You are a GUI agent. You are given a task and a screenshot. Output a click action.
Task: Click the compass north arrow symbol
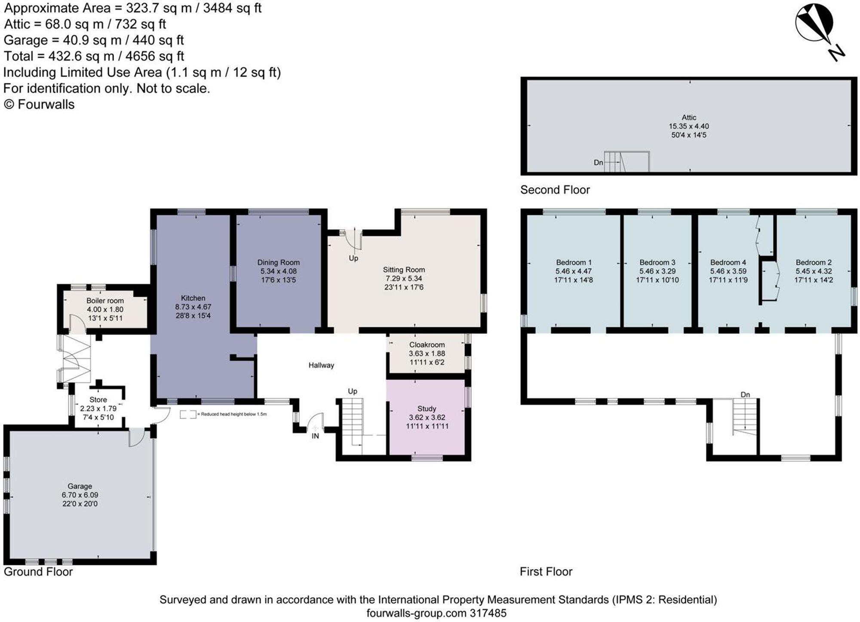click(820, 32)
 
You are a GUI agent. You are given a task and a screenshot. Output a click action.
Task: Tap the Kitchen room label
click(193, 298)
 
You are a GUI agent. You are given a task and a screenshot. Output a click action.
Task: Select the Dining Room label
click(278, 262)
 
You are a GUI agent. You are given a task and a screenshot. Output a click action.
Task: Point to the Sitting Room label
click(404, 270)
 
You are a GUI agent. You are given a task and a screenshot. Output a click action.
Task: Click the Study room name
click(427, 409)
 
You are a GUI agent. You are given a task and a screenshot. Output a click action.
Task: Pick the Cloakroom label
click(427, 345)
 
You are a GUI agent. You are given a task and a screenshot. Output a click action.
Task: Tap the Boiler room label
click(105, 301)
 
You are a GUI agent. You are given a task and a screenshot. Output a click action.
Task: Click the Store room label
click(98, 399)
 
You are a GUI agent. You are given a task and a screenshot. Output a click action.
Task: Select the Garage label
click(80, 486)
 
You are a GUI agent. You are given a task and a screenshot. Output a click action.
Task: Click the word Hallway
click(321, 365)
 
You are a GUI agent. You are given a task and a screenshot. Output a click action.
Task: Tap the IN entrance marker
click(315, 436)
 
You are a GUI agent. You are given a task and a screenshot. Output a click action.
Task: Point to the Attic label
click(689, 117)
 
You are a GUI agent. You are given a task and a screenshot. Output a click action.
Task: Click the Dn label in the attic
click(599, 163)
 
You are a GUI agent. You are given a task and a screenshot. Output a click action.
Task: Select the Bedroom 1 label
click(574, 262)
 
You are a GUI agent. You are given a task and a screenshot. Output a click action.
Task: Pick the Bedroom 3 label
click(657, 262)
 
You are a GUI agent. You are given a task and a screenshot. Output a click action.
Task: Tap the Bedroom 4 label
click(728, 262)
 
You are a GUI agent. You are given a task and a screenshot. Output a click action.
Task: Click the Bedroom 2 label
click(814, 262)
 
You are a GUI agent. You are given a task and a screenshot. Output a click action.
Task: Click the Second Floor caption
click(555, 190)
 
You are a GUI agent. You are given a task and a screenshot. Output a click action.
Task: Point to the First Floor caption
click(546, 572)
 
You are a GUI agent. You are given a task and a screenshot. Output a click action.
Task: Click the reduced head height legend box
click(188, 415)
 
